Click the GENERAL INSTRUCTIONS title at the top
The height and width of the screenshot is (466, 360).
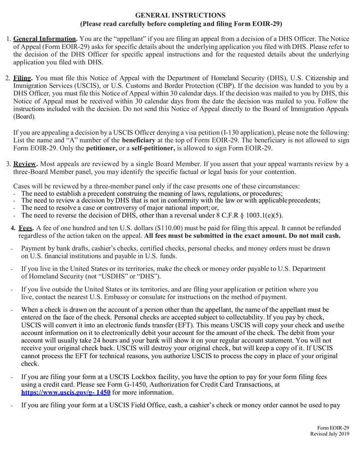tap(180, 15)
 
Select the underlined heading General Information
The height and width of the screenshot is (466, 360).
tap(45, 39)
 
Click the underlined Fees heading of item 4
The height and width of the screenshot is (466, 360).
tap(25, 228)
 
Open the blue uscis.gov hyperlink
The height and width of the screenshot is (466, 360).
tap(66, 392)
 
